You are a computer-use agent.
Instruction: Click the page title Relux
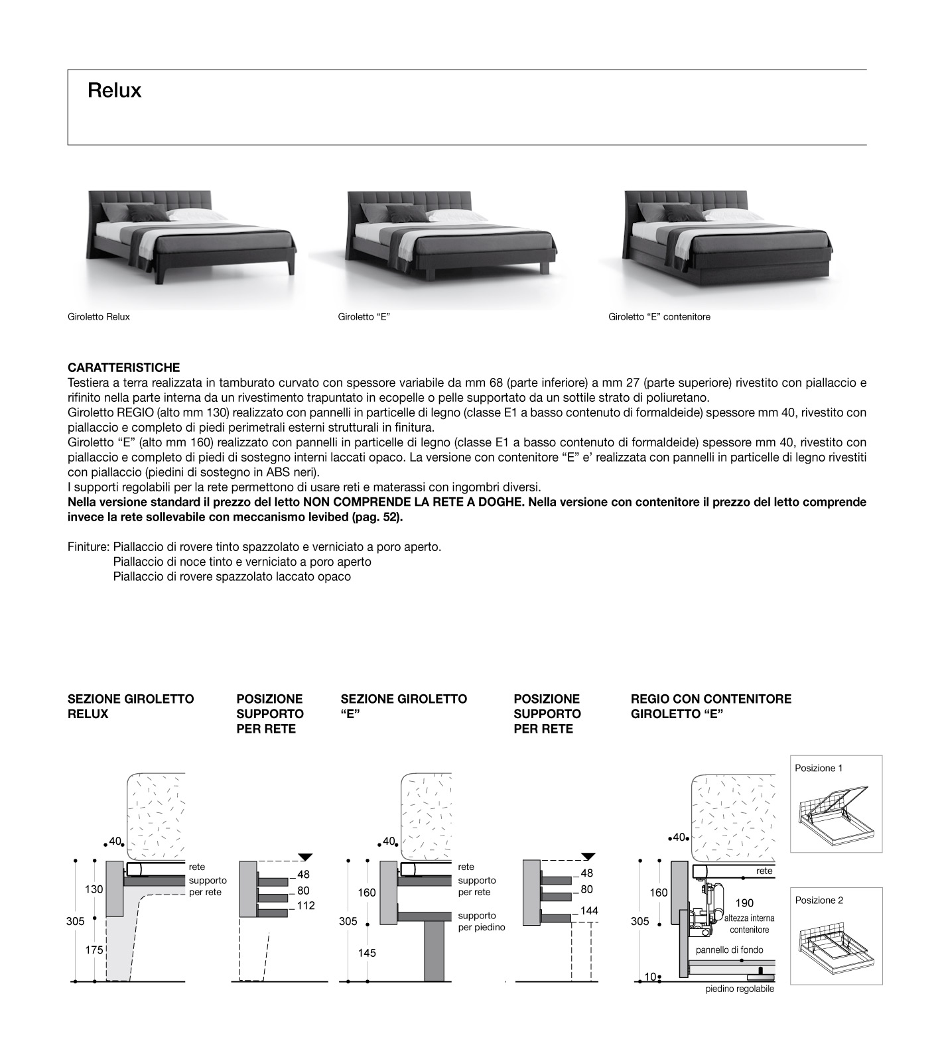coord(114,91)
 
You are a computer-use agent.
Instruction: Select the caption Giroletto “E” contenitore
coord(659,317)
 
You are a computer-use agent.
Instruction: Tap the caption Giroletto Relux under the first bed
coord(99,317)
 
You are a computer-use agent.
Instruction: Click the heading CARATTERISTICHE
coord(123,367)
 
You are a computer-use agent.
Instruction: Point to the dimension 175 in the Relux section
coord(94,950)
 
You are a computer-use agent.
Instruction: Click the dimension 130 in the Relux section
coord(94,889)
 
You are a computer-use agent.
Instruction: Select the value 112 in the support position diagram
coord(305,906)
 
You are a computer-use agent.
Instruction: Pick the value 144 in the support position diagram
coord(589,911)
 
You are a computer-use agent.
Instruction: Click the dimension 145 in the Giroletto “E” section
coord(366,953)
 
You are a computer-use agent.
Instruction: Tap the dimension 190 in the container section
coord(744,903)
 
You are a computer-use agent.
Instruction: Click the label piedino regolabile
coord(740,989)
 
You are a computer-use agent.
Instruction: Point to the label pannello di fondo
coord(729,950)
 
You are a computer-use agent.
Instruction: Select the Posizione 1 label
coord(819,768)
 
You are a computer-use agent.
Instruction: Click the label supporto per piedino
coord(482,921)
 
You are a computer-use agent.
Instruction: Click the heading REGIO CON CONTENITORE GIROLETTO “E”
coord(710,706)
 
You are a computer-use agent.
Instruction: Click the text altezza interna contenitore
coord(749,924)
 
